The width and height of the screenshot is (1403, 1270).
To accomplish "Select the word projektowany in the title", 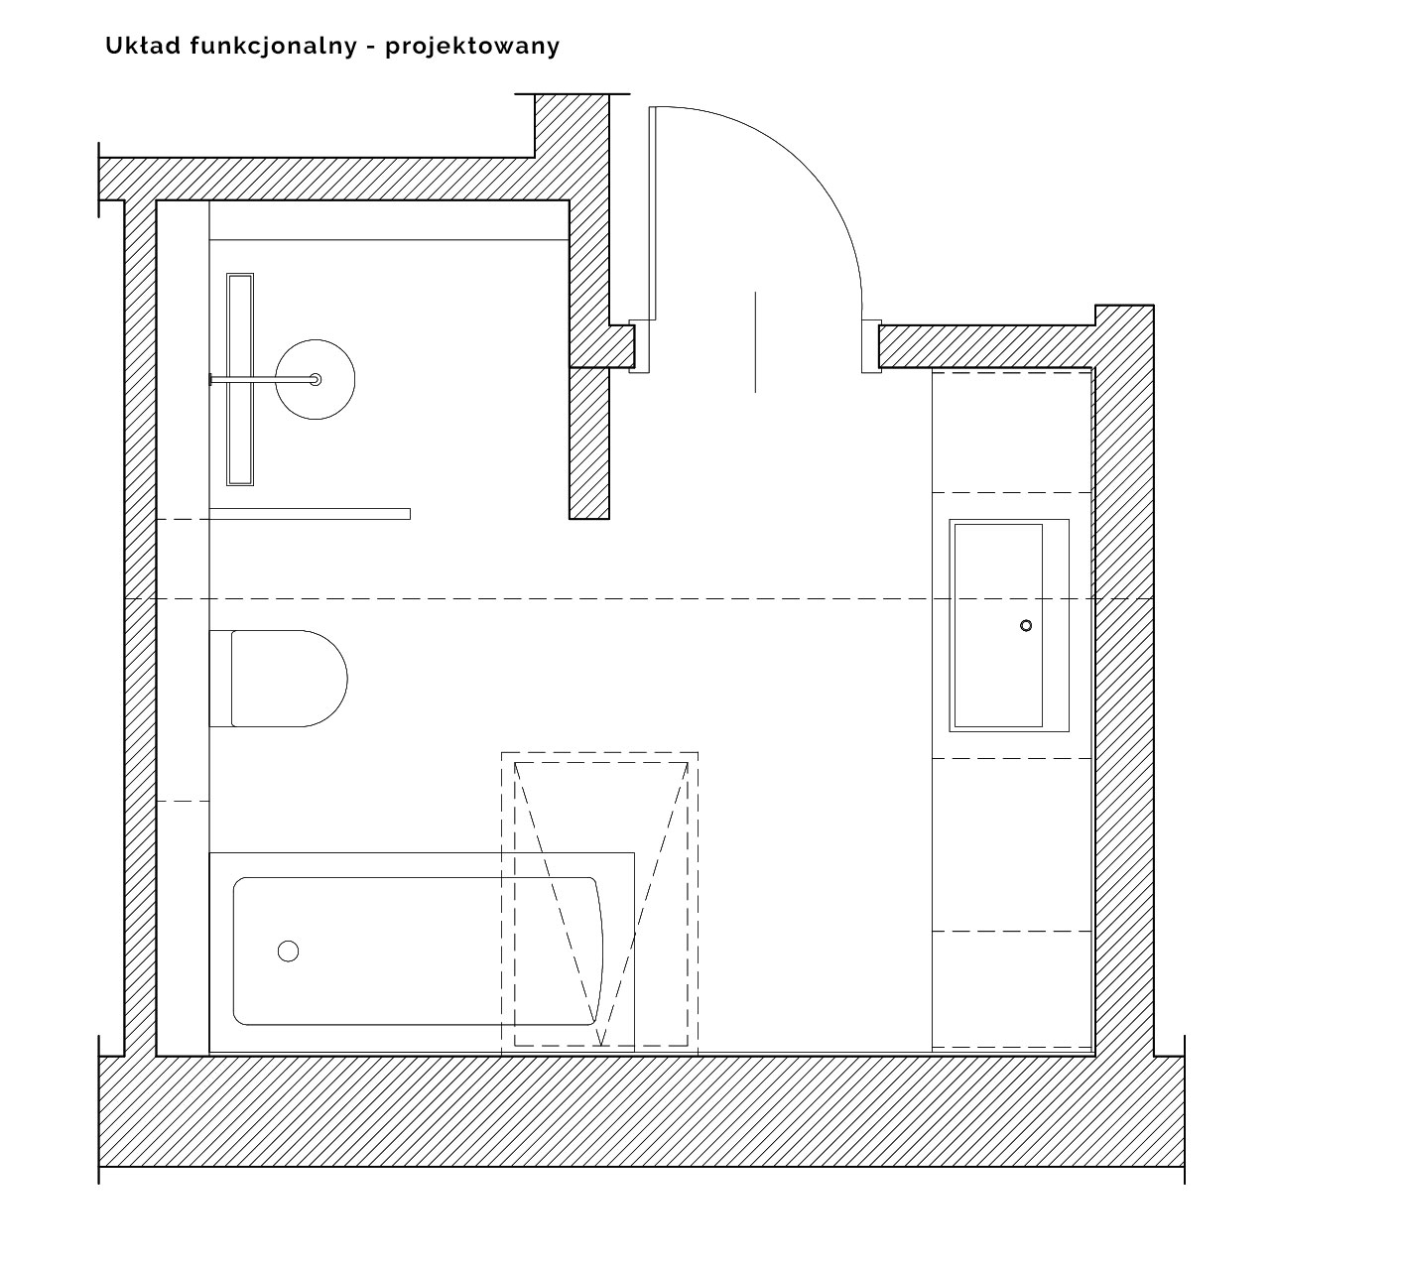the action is [472, 47].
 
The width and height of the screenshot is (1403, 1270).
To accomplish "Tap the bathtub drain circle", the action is [288, 951].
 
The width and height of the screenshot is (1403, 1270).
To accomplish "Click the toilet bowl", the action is [289, 678].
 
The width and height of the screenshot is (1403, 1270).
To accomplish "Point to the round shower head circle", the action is [315, 379].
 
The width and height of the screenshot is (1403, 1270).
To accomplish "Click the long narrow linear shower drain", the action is [240, 379].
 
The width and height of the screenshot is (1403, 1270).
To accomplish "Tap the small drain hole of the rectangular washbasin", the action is [1026, 625].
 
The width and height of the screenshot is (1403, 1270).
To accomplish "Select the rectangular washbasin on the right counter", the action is [1009, 625].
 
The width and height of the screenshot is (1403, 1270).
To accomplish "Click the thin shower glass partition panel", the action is [310, 514].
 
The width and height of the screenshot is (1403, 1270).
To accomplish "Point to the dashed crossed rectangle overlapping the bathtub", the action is [600, 903].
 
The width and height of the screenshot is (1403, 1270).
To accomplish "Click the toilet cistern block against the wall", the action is [220, 678].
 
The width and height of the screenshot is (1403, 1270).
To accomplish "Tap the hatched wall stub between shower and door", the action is [589, 443].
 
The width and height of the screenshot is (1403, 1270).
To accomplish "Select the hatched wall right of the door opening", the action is [986, 346].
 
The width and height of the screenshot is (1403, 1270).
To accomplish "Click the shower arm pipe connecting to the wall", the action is [263, 379].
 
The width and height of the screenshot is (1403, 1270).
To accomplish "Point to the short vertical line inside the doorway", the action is [755, 341].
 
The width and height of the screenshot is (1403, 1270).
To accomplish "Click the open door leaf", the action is [652, 213].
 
